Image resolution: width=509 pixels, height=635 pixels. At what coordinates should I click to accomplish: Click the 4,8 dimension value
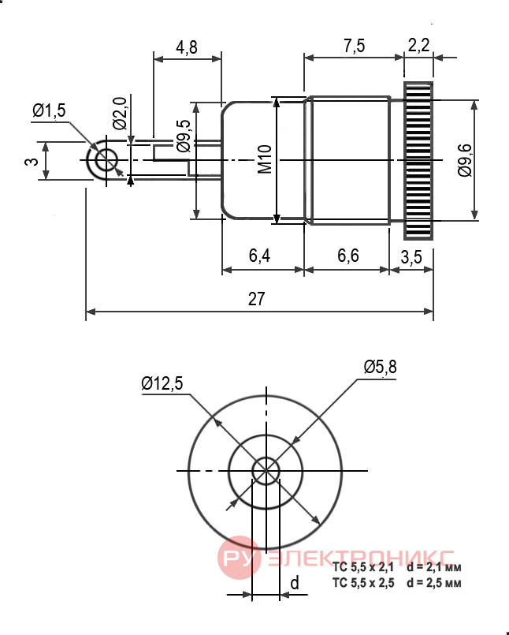(187, 47)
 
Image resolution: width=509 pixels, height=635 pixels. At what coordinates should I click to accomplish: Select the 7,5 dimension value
(354, 46)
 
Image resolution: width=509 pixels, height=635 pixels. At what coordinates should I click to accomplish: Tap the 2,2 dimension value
(418, 44)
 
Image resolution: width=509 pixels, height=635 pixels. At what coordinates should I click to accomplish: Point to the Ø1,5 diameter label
(49, 110)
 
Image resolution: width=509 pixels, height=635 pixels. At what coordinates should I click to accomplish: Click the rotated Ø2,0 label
(120, 113)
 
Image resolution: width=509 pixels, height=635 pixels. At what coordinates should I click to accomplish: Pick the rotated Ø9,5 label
(184, 136)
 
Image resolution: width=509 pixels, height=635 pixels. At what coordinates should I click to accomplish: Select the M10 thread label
(265, 159)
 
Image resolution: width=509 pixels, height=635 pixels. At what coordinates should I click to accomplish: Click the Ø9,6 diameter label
(465, 160)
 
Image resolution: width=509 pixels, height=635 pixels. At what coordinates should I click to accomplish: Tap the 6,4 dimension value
(259, 256)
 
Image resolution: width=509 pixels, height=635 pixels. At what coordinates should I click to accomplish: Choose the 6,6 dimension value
(348, 256)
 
